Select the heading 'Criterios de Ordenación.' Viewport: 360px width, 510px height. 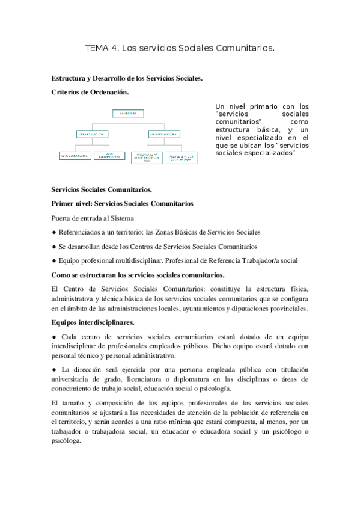pyautogui.click(x=90, y=92)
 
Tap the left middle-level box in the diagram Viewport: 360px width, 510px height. pyautogui.click(x=93, y=134)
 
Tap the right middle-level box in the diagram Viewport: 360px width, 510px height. pyautogui.click(x=163, y=134)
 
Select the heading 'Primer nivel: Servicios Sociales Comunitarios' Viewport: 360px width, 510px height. pyautogui.click(x=123, y=204)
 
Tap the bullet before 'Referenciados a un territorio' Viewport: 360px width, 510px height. pyautogui.click(x=54, y=232)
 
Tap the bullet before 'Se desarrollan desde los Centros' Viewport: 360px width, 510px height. pyautogui.click(x=54, y=247)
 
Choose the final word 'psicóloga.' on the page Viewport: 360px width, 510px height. pyautogui.click(x=69, y=440)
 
